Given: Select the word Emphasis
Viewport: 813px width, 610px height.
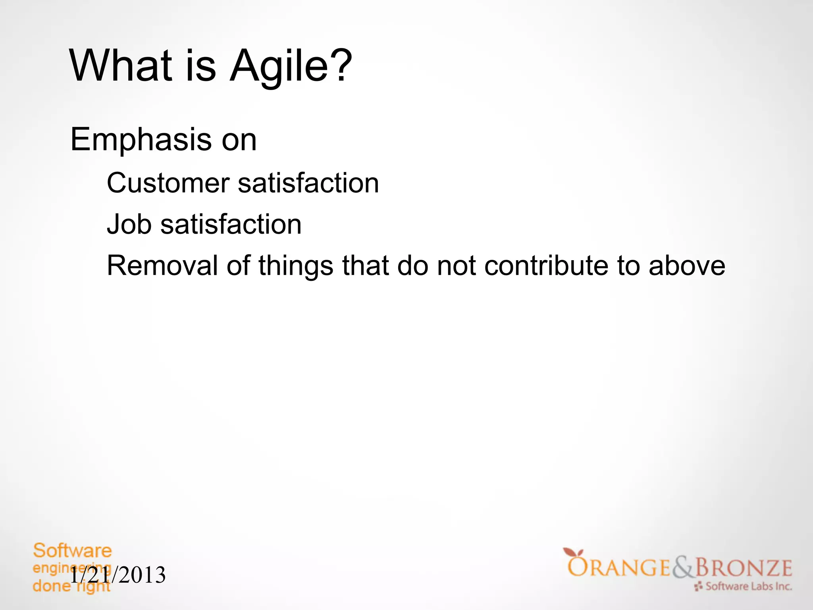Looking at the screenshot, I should pos(141,140).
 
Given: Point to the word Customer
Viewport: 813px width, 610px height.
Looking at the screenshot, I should pos(168,183).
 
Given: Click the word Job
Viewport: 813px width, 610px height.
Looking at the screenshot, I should pos(129,224).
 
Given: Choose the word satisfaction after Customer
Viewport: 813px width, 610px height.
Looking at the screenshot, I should pos(308,183).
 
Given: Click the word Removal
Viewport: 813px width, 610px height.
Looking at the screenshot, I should pos(162,265).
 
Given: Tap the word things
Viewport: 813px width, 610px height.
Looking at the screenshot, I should pos(296,266).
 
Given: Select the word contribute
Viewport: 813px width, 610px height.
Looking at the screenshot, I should pos(546,265).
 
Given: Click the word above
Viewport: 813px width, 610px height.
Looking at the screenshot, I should pos(687,265).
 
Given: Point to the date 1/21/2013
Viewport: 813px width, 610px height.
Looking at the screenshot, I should pos(118,575).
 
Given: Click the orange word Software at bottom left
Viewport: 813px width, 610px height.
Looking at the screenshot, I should pos(72,551).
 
